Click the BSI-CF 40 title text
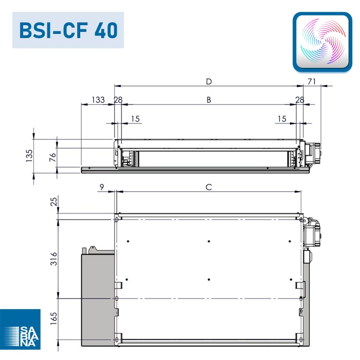coord(68,30)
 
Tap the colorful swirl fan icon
coord(322,42)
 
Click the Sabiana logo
coord(20,329)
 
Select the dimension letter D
coord(209,81)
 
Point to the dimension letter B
coord(209,100)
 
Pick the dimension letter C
coord(209,187)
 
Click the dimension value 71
coord(312,81)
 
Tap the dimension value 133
coord(98,100)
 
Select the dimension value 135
coord(29,156)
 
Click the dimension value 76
coord(52,157)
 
